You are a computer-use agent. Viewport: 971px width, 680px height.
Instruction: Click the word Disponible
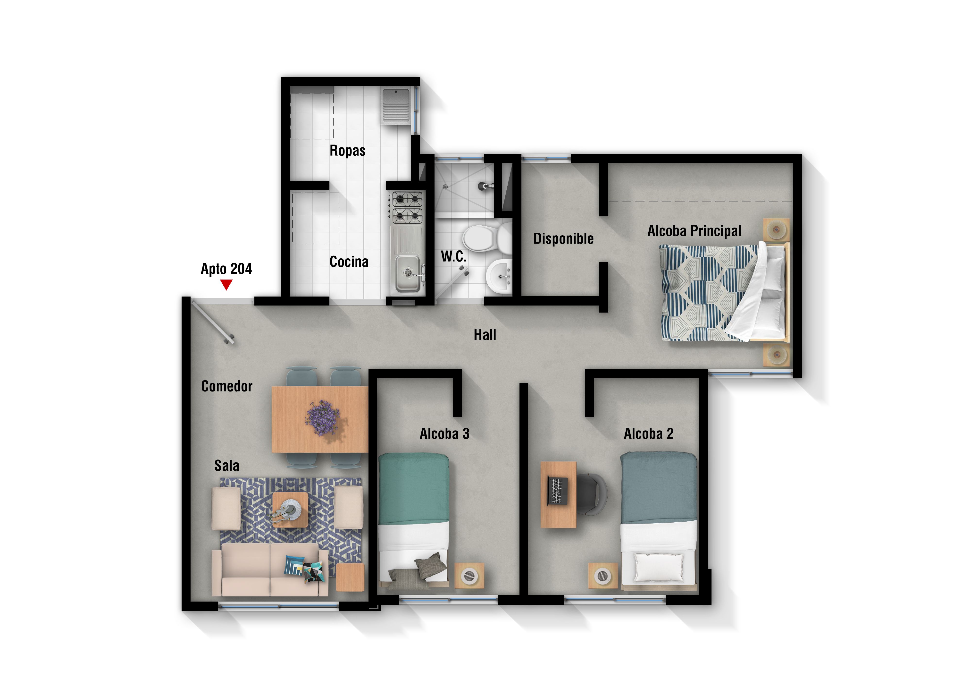click(x=563, y=239)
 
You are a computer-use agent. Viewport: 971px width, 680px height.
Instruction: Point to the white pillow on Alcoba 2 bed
click(x=659, y=567)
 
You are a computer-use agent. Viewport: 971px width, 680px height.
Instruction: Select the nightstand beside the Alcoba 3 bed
click(x=469, y=576)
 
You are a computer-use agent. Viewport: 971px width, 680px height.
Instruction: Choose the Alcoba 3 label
click(x=444, y=434)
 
